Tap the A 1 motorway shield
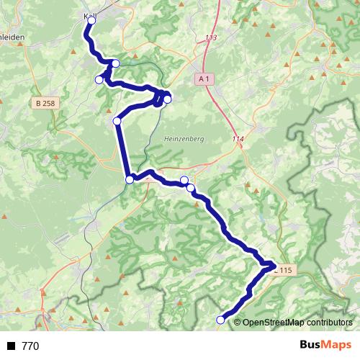(204, 78)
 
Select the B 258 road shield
(45, 104)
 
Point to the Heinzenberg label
(181, 140)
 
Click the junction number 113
(210, 37)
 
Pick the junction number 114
(238, 138)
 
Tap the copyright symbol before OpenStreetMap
(238, 322)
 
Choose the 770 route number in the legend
(30, 346)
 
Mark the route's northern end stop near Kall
(91, 21)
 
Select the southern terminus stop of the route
(220, 320)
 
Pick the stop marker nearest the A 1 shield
(167, 99)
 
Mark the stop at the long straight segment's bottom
(130, 179)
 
